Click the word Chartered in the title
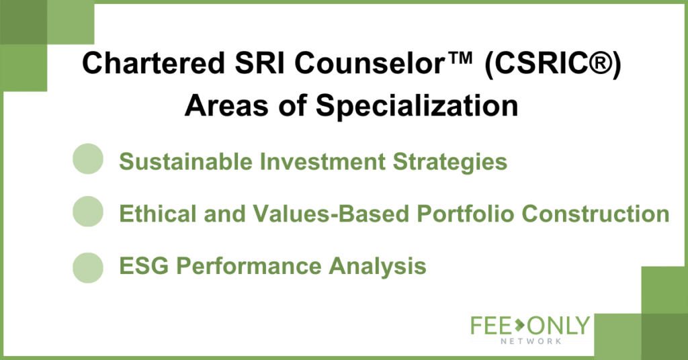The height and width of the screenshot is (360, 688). [x=153, y=63]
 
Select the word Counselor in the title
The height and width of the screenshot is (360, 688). [x=370, y=63]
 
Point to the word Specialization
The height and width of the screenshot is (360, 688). [x=417, y=106]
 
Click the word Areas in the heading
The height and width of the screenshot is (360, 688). [x=226, y=106]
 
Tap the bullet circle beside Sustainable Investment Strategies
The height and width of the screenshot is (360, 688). [x=88, y=159]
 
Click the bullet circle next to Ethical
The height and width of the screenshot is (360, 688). [x=88, y=212]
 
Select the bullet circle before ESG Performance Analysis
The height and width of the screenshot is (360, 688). [x=88, y=267]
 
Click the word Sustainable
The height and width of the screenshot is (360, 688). [x=186, y=161]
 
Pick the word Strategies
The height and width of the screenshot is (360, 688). [x=449, y=163]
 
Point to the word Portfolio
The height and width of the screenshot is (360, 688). [x=465, y=214]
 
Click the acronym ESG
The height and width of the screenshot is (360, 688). [x=144, y=266]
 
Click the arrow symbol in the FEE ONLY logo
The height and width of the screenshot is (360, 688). [x=519, y=325]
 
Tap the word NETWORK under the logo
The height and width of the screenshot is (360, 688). [x=531, y=341]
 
